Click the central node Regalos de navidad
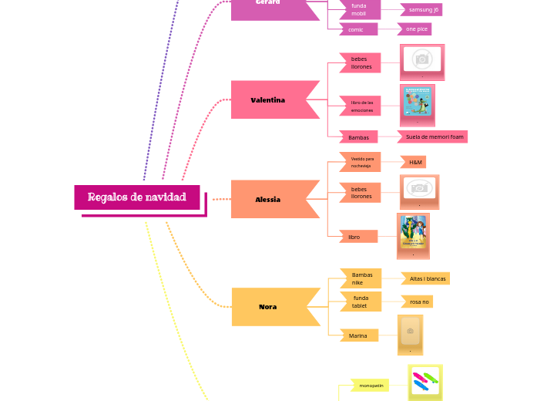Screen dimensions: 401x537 (x=137, y=197)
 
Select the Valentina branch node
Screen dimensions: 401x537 (x=268, y=100)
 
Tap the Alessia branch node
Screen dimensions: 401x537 (x=268, y=200)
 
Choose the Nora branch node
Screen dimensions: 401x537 (x=268, y=307)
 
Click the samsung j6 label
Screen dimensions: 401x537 (x=423, y=10)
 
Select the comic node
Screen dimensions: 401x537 (x=356, y=29)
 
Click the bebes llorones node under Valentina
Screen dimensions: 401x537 (x=361, y=63)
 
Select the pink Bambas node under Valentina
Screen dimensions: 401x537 (x=358, y=138)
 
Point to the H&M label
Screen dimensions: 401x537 (x=415, y=163)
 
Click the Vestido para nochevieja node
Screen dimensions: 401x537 (x=361, y=162)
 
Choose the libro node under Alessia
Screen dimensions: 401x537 (x=355, y=237)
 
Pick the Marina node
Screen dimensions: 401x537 (x=358, y=335)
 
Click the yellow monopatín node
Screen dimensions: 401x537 (x=371, y=385)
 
